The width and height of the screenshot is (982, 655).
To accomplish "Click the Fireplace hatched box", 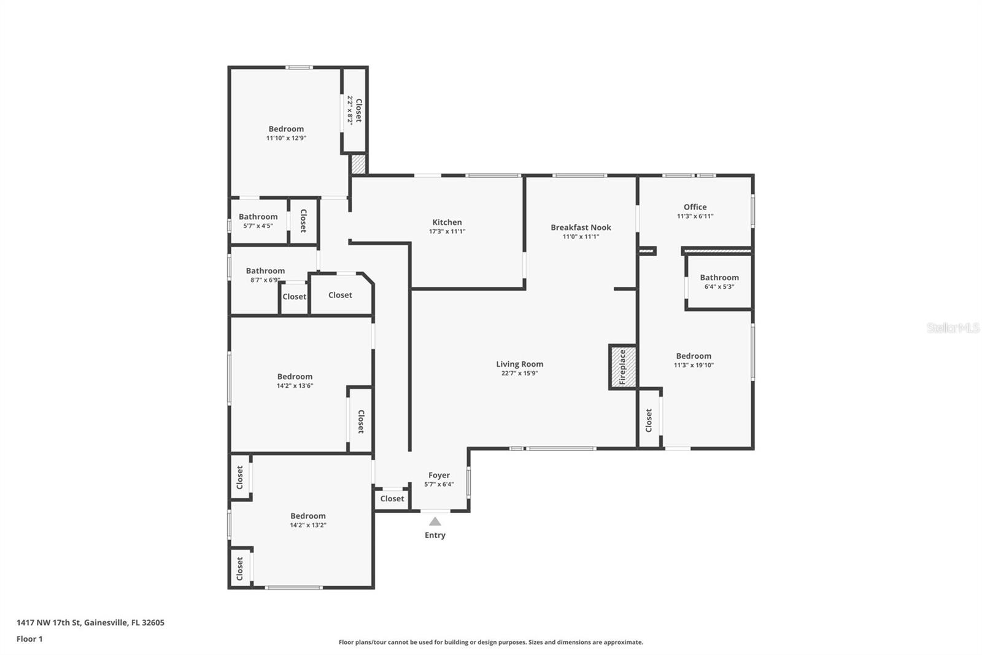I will coord(622,367).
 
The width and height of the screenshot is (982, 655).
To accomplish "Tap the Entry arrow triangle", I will coord(435,522).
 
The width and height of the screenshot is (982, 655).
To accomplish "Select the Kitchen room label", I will coord(447,222).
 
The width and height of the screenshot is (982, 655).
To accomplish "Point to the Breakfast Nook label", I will coord(581,227).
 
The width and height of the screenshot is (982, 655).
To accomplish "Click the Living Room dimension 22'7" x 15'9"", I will coord(519,373).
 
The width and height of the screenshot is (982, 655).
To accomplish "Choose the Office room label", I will coord(695,207).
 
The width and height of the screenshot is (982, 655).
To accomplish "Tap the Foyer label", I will coord(439,475).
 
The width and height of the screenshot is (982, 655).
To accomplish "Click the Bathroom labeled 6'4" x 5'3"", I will coord(719,278).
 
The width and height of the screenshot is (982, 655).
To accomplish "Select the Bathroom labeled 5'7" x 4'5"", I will coord(258,217).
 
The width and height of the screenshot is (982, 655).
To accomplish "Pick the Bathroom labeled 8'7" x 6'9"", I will coord(265,271).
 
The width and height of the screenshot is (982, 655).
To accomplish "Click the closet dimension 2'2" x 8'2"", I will coord(350,110).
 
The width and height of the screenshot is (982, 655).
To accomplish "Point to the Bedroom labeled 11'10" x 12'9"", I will coord(286,129).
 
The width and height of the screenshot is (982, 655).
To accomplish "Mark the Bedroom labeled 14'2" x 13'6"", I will coord(295,377).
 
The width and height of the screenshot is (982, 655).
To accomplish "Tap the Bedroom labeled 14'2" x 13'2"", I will coord(307,516).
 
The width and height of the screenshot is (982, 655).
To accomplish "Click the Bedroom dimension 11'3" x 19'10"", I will coord(694,365).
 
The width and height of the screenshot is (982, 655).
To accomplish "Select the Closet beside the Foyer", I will coord(392,499).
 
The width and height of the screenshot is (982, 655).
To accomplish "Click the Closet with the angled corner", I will coord(340,295).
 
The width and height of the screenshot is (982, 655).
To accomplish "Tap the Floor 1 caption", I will coord(29,639).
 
